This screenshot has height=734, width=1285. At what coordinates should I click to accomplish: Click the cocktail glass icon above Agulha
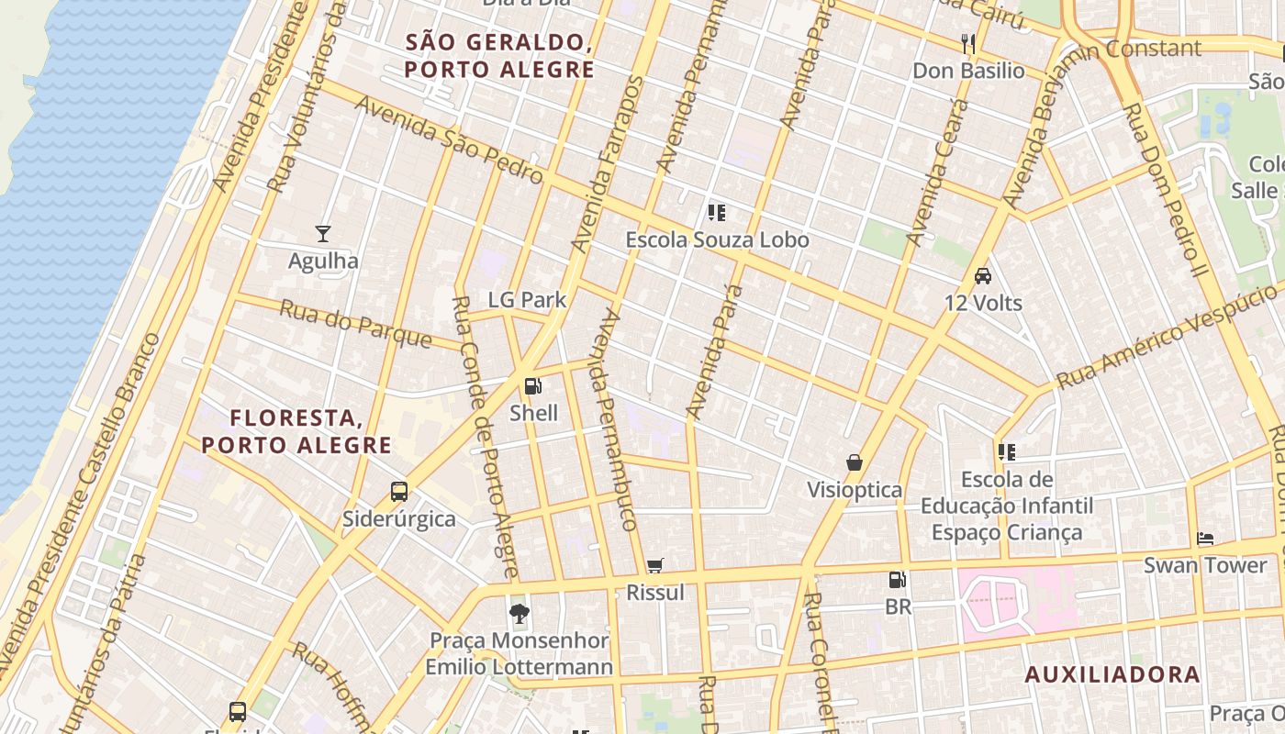click(x=323, y=234)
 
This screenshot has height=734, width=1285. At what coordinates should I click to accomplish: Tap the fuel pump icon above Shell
click(x=533, y=386)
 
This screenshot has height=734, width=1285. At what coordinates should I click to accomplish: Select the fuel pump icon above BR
click(x=898, y=580)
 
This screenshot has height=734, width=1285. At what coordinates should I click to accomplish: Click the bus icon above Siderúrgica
click(x=398, y=492)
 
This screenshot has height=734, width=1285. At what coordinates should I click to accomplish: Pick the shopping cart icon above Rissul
click(x=654, y=566)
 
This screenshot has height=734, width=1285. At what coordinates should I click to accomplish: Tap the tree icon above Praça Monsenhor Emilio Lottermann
click(x=520, y=613)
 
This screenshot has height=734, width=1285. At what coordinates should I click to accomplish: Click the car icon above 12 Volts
click(x=982, y=275)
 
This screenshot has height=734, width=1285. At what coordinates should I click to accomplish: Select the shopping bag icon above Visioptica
click(x=854, y=462)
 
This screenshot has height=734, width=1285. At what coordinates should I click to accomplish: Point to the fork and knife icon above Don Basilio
click(x=967, y=43)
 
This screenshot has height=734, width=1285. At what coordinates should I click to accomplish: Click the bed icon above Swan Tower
click(x=1205, y=539)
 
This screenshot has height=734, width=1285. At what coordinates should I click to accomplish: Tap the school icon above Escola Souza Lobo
click(x=717, y=213)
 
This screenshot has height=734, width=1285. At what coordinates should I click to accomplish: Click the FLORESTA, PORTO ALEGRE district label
click(x=296, y=432)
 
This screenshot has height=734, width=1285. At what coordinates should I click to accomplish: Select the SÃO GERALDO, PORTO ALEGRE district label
click(x=499, y=56)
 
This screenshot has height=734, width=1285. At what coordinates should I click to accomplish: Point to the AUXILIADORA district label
click(x=1112, y=675)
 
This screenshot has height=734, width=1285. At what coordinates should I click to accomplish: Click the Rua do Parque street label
click(x=355, y=323)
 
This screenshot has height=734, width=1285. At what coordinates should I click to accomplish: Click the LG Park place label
click(x=527, y=300)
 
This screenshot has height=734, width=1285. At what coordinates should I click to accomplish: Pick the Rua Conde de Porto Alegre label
click(x=486, y=437)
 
